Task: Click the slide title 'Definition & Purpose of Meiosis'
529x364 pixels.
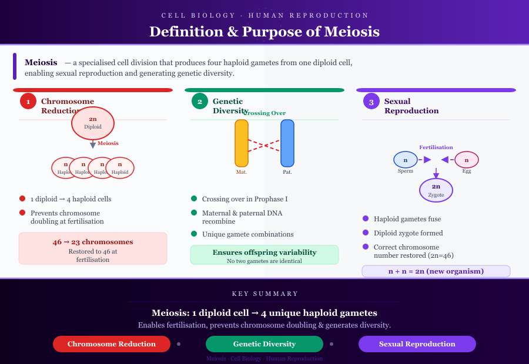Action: coord(264,31)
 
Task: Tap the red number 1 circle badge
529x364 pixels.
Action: coord(28,101)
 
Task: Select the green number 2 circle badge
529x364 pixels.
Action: coord(200,101)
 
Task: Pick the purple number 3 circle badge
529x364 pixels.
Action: coord(371,101)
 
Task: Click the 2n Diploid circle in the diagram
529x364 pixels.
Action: coord(93,123)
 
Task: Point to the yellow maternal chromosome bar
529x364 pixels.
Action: coord(242,143)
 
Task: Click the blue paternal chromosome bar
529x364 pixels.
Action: coord(287,143)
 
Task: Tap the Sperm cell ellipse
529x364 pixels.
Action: coord(406,160)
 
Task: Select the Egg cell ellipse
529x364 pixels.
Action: coord(467,160)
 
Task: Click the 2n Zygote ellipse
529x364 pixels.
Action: coord(436,190)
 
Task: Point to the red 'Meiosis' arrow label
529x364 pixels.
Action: coord(108,143)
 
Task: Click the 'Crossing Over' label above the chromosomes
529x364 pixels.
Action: coord(264,113)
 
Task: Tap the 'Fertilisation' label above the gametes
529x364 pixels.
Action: coord(436,147)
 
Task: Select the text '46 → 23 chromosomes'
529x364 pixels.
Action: coord(93,242)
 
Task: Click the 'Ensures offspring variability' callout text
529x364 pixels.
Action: coord(264,252)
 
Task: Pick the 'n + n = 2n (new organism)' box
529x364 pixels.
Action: coord(436,271)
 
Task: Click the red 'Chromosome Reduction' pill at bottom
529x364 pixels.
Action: coord(112,344)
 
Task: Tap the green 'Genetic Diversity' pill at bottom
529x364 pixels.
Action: coord(264,344)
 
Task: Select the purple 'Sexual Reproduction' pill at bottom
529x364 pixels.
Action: coord(417,344)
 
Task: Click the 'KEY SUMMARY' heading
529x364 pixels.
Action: coord(264,294)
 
